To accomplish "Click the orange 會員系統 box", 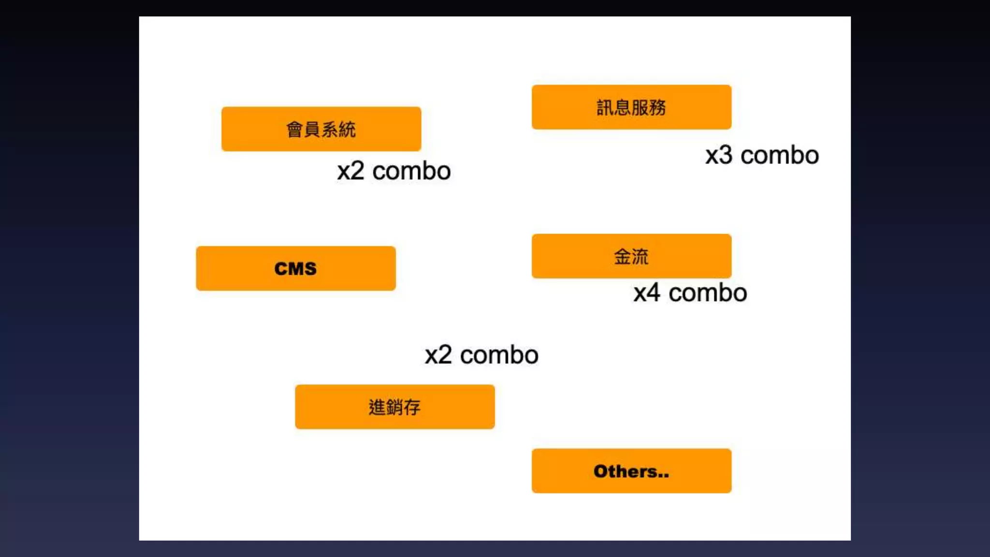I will pyautogui.click(x=321, y=129).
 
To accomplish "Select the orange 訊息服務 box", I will pyautogui.click(x=631, y=107).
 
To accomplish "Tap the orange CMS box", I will pyautogui.click(x=296, y=268).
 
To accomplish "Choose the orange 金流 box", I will pyautogui.click(x=631, y=256).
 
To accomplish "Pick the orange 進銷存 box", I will pyautogui.click(x=395, y=407).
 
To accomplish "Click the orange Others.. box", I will pyautogui.click(x=631, y=471).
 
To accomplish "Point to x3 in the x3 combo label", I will pyautogui.click(x=718, y=156).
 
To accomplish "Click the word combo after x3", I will pyautogui.click(x=780, y=156).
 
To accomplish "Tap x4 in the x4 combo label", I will pyautogui.click(x=647, y=293).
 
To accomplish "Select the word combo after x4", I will pyautogui.click(x=708, y=293).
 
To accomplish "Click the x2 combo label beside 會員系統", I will pyautogui.click(x=394, y=171).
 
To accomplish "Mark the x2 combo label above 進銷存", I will pyautogui.click(x=481, y=355).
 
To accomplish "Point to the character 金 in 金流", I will pyautogui.click(x=622, y=257).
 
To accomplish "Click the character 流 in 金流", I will pyautogui.click(x=640, y=257).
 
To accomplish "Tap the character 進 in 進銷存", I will pyautogui.click(x=377, y=407).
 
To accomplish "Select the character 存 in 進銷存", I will pyautogui.click(x=412, y=407).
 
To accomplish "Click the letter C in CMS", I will pyautogui.click(x=281, y=269).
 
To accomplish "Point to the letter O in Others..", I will pyautogui.click(x=601, y=471).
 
